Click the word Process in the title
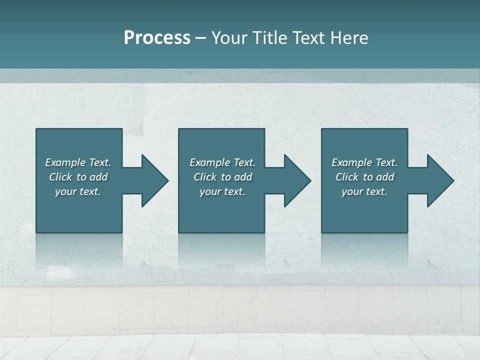[157, 38]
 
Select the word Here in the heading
[349, 38]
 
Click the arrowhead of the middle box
[297, 180]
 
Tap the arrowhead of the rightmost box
[440, 180]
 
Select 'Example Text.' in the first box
[78, 162]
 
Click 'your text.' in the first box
[78, 191]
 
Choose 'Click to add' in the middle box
[222, 177]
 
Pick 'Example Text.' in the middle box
[222, 162]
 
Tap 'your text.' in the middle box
[222, 191]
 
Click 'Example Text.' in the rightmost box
[364, 162]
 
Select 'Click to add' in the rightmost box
[364, 177]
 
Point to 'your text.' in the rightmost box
[364, 191]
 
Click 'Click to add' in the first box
[78, 177]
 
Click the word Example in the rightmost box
[351, 162]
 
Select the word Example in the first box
[65, 162]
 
